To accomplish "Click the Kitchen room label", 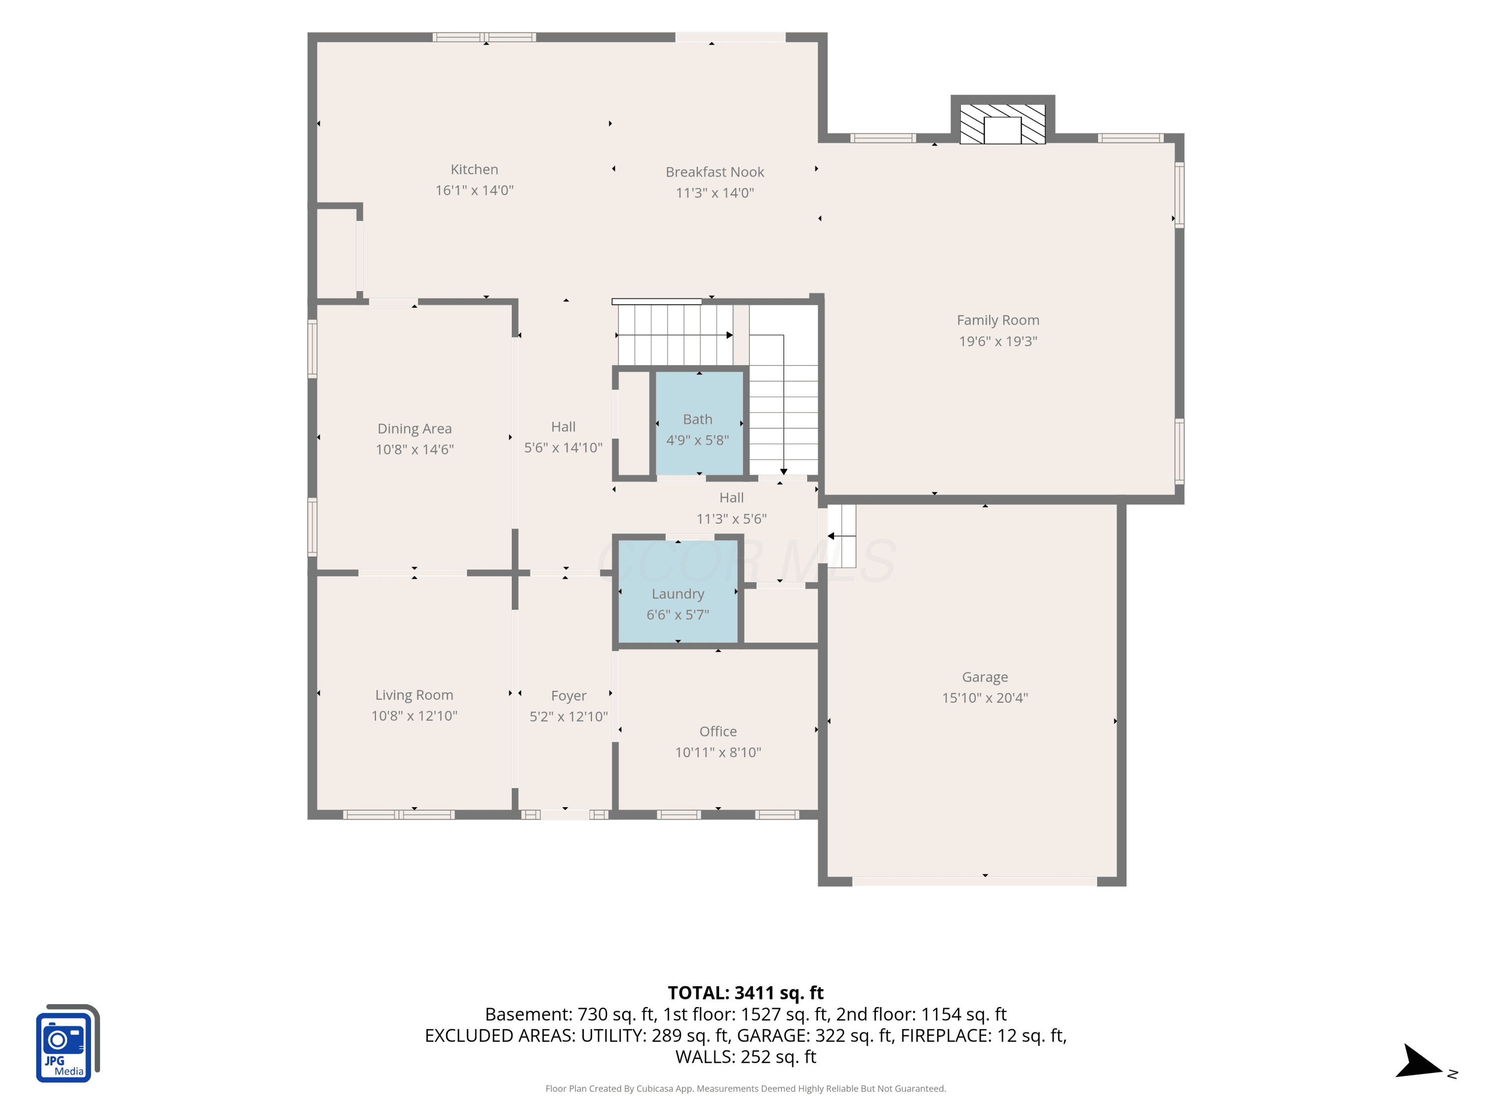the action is coord(474,169).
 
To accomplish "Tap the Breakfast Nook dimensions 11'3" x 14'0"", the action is coord(715,193).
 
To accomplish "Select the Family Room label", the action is coord(998,320).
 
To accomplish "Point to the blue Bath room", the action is coord(699,423).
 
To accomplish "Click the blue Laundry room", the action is coord(678,591).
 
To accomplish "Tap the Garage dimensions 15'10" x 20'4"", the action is coord(985,698).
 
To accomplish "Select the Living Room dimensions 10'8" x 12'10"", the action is coord(414,716).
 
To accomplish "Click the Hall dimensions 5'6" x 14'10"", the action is coord(563,448).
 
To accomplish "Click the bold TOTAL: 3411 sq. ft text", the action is coord(746,993).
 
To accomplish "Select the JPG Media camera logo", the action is coord(68,1043).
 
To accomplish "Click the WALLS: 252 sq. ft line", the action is coord(746,1057).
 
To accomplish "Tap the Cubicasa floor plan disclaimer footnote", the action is coord(746,1089).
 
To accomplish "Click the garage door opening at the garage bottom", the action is coord(975,881).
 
